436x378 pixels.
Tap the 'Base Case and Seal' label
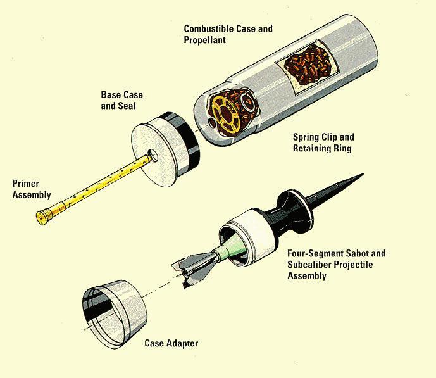coord(122,101)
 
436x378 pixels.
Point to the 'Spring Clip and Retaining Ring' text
coord(323,142)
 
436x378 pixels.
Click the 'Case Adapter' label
coord(171,343)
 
